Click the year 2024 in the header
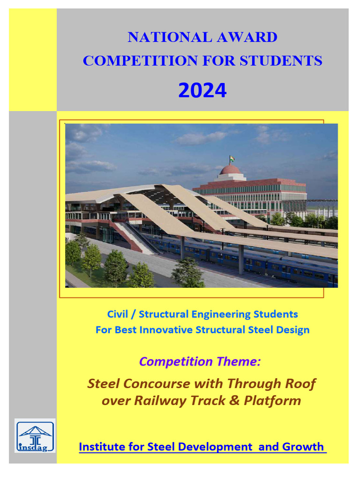click(202, 90)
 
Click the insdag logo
click(35, 436)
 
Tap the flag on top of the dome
click(232, 159)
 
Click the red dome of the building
click(230, 170)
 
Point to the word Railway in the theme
click(157, 401)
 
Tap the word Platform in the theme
click(272, 401)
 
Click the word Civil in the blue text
click(118, 314)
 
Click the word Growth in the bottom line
click(303, 447)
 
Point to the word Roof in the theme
click(300, 383)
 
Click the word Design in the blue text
click(293, 330)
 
